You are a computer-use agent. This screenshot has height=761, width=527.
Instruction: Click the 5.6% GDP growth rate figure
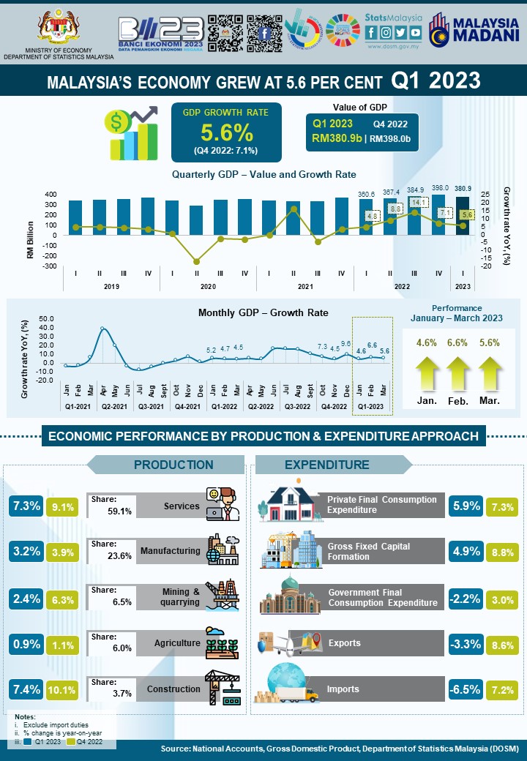[x=226, y=132]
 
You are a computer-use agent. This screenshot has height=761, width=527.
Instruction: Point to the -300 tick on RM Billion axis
[x=50, y=266]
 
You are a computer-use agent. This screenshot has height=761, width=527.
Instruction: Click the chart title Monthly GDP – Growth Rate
[x=263, y=312]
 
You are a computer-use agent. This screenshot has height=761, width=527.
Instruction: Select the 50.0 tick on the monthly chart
[x=46, y=319]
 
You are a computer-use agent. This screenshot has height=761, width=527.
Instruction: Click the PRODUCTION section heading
[x=173, y=465]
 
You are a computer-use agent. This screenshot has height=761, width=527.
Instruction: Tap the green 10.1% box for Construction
[x=61, y=689]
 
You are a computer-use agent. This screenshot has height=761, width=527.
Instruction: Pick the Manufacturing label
[x=170, y=551]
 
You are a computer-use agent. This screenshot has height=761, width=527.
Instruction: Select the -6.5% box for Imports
[x=467, y=689]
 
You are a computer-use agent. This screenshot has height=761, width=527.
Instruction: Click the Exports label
[x=344, y=643]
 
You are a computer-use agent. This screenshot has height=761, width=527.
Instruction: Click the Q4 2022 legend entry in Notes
[x=84, y=742]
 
